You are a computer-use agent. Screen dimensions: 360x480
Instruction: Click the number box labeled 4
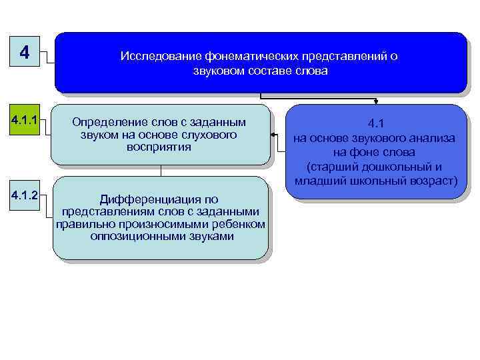tap(25, 52)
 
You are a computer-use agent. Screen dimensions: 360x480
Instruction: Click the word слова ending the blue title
tap(311, 71)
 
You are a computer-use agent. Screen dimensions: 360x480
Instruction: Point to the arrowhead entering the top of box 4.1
tap(376, 103)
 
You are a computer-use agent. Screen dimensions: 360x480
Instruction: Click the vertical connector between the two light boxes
tap(160, 171)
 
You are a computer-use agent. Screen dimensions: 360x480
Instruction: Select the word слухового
tap(215, 135)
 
